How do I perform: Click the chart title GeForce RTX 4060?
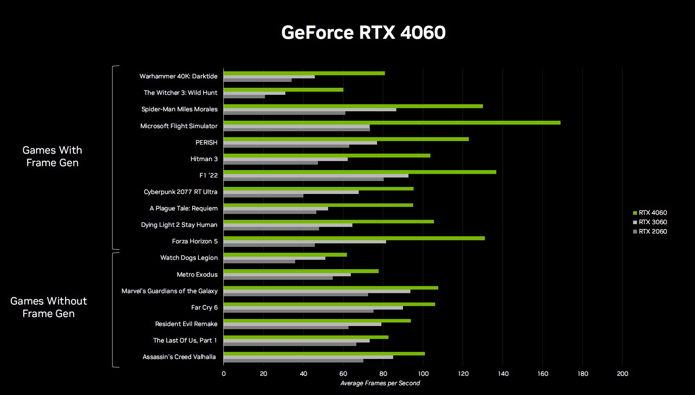pos(363,32)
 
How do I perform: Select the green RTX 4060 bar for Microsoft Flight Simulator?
pos(392,123)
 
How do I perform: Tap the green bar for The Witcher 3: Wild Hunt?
pos(283,90)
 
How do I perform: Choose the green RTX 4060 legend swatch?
pos(635,213)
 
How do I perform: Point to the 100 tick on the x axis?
pos(423,373)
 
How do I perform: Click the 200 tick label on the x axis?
pos(622,373)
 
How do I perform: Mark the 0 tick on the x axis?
pos(224,373)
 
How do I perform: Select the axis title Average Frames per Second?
pos(380,383)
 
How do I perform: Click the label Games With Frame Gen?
pos(52,156)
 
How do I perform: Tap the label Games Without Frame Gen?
pos(49,307)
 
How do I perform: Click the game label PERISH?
pos(206,143)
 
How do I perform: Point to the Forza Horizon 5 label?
pos(195,241)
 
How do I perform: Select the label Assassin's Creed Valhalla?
pos(179,357)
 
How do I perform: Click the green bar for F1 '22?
pos(360,172)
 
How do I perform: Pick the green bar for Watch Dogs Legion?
pos(285,255)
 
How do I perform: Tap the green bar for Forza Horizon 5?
pos(354,238)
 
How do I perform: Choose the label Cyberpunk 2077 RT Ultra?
pos(180,192)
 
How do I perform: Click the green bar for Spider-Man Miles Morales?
pos(353,106)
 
